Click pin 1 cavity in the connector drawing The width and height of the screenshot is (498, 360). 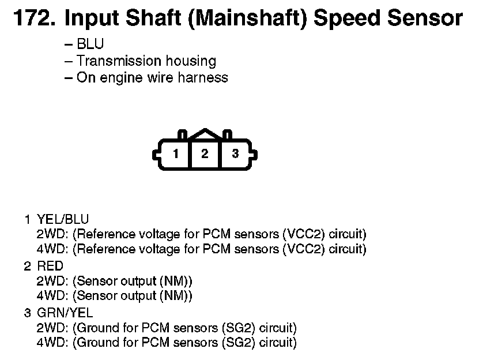175,154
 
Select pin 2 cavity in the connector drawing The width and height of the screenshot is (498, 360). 205,154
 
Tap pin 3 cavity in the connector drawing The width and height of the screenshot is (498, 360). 235,154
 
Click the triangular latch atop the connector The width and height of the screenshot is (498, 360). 205,134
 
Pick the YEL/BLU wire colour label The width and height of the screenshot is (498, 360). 63,219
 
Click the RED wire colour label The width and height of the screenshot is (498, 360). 50,266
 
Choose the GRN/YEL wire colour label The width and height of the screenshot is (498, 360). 65,313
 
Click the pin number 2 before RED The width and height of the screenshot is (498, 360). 27,266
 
